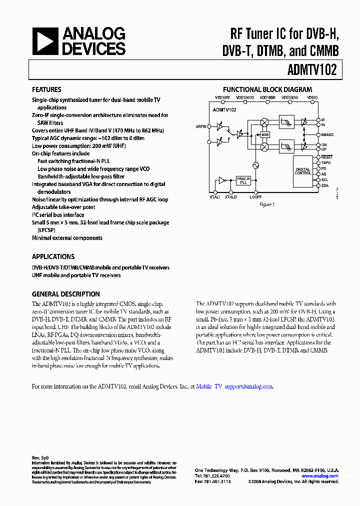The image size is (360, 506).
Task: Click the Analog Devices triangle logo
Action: [44, 41]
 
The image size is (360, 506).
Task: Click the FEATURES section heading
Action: [46, 89]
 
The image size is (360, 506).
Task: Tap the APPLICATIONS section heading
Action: [53, 256]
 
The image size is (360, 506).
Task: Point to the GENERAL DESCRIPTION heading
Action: [65, 294]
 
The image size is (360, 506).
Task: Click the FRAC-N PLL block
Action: [243, 181]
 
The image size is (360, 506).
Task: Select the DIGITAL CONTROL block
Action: [303, 171]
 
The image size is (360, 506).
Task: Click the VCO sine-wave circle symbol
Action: [256, 165]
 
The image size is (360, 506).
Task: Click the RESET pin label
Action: [326, 157]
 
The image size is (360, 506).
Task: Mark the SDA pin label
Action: [325, 185]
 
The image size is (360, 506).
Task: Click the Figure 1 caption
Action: [266, 204]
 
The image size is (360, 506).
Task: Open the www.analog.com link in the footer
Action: [320, 476]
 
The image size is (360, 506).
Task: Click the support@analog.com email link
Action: [249, 386]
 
